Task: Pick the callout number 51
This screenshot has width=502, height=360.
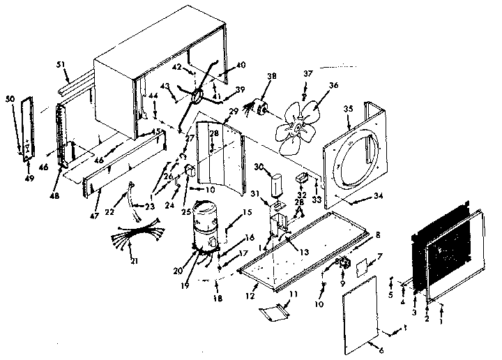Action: tap(60, 65)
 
